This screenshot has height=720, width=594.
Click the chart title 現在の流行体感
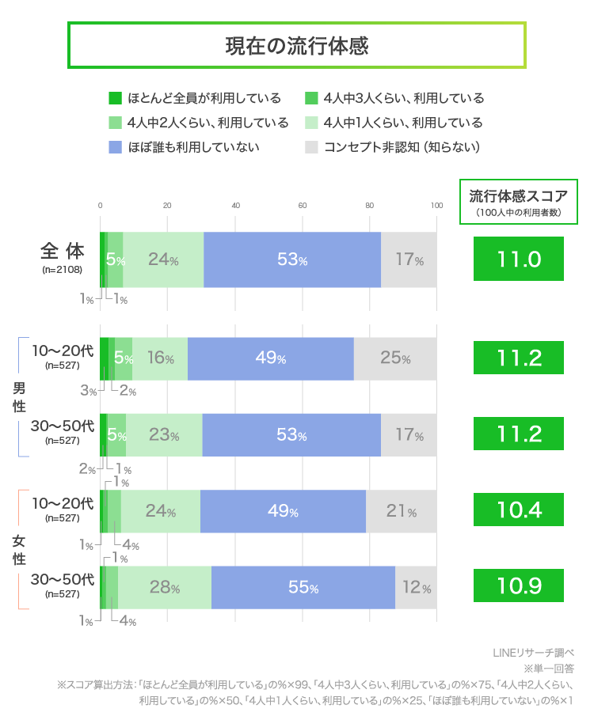click(297, 45)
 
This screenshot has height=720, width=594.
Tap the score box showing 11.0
click(519, 259)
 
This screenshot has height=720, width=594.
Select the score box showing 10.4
click(519, 510)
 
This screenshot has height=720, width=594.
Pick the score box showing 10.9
click(519, 586)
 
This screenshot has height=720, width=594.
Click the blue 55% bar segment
click(303, 588)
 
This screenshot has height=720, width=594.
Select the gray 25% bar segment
click(395, 358)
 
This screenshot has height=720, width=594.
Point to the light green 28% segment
click(165, 588)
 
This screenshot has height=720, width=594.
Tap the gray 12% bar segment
click(416, 588)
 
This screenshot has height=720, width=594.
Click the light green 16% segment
click(160, 358)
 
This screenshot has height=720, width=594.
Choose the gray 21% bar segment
click(401, 511)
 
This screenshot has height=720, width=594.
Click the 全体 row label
click(62, 252)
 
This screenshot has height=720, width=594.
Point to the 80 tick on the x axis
click(370, 206)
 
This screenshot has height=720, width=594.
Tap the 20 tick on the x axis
click(168, 206)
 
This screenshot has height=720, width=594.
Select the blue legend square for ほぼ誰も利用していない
click(115, 147)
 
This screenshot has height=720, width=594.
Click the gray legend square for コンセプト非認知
click(311, 147)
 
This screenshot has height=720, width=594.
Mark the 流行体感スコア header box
click(519, 201)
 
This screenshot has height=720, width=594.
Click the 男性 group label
click(19, 396)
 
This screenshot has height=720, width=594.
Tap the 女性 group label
click(19, 550)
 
